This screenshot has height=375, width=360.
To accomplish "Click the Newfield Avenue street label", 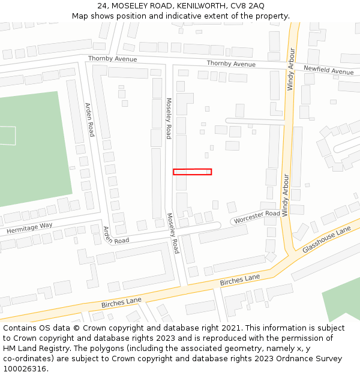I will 328,71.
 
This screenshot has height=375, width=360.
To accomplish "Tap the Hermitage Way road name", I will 29,228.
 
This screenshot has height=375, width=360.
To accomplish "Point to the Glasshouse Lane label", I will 326,239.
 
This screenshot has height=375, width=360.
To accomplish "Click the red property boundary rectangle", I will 192,172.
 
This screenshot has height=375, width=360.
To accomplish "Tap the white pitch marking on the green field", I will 8,136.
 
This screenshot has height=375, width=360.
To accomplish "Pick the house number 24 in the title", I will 102,6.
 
